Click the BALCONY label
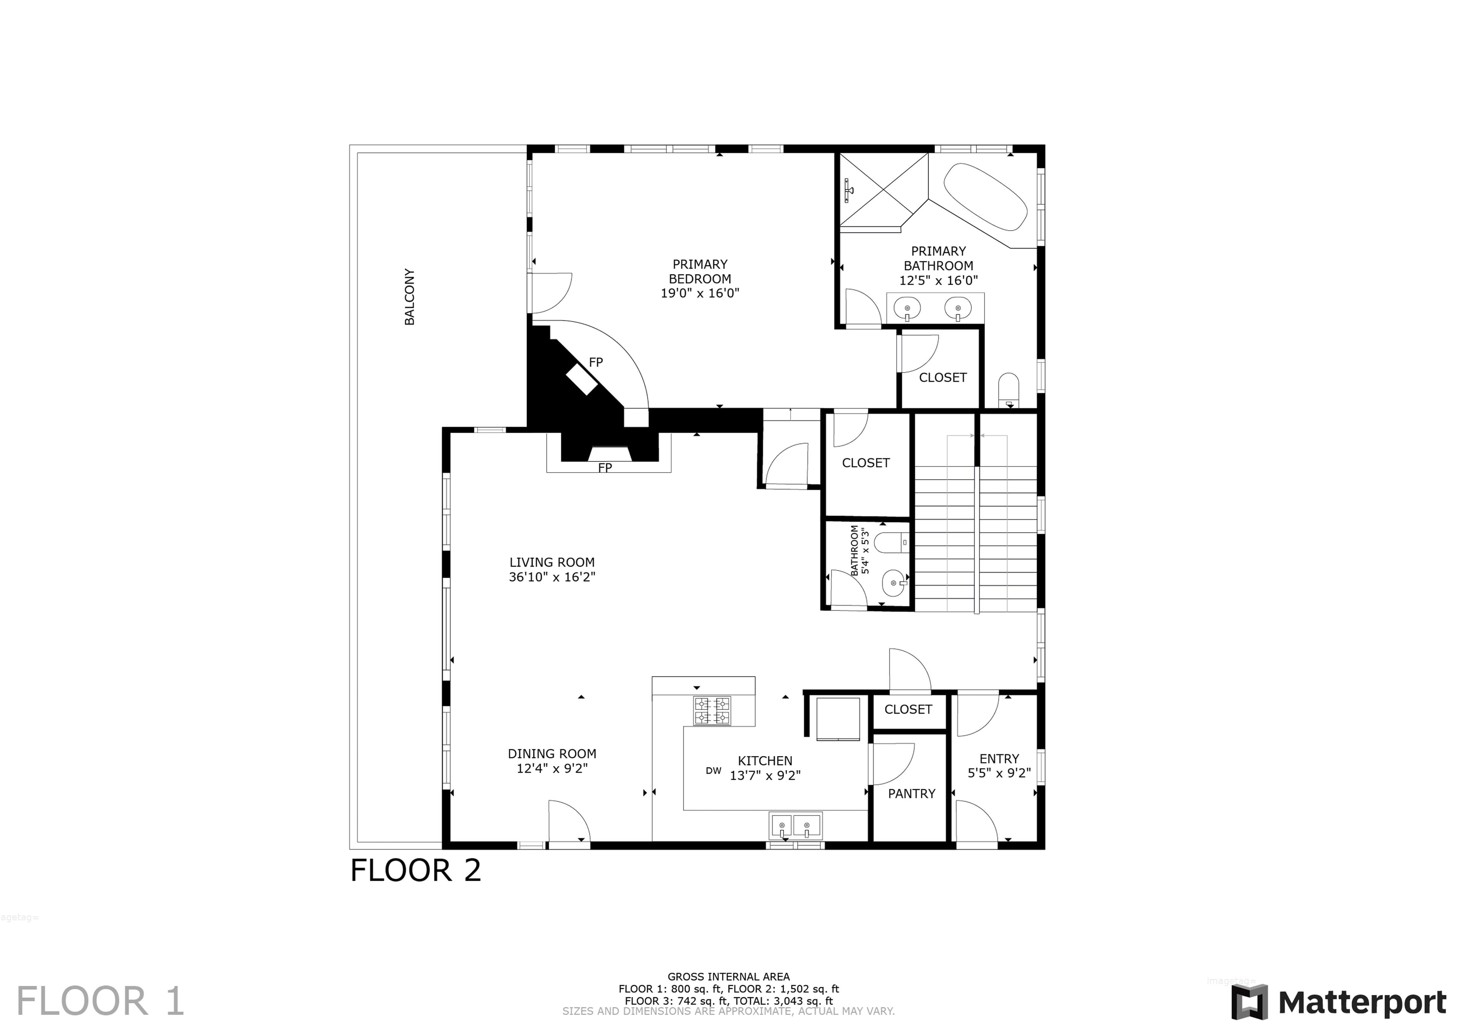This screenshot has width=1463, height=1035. click(x=410, y=296)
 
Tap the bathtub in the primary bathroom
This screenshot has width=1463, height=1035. click(x=985, y=197)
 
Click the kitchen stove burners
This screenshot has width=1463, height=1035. click(x=712, y=711)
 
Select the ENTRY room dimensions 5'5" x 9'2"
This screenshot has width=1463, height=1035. click(x=999, y=774)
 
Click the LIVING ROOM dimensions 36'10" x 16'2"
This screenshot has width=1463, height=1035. click(x=552, y=577)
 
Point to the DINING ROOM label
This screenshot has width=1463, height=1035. click(x=552, y=753)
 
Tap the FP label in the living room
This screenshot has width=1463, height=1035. click(x=605, y=468)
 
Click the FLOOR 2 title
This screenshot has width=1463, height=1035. click(x=415, y=870)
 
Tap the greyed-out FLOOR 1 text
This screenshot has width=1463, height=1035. click(x=100, y=1001)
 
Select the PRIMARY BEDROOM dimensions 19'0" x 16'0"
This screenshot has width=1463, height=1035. click(x=699, y=293)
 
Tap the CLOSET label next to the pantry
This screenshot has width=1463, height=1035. click(x=908, y=709)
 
